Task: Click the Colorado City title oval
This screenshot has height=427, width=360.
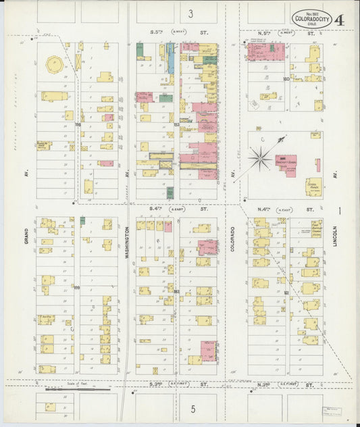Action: (311, 18)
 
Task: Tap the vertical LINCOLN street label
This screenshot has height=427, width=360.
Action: (335, 249)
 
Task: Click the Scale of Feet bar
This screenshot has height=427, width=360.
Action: (78, 389)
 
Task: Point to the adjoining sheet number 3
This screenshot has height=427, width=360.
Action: (191, 13)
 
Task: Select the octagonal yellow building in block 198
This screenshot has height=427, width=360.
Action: (51, 64)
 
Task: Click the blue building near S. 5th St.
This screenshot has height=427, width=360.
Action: (171, 61)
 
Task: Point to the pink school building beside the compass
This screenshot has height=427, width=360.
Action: (287, 165)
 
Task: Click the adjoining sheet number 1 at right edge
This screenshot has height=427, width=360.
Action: (340, 211)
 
